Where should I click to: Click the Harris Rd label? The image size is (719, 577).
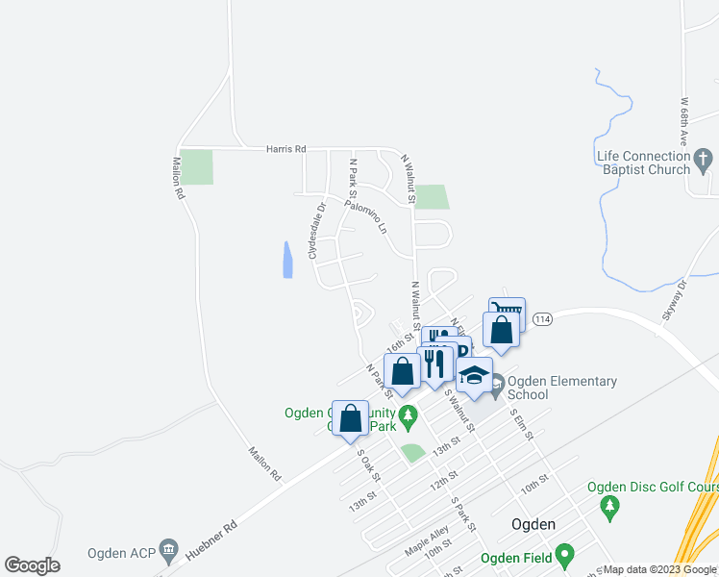click(286, 149)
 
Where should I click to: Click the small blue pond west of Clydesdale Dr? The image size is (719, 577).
click(287, 260)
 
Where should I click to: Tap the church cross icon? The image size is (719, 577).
click(703, 158)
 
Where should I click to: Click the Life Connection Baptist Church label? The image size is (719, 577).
click(643, 163)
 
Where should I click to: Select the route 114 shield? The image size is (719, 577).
click(542, 319)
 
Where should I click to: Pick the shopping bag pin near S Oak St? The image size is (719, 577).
click(351, 418)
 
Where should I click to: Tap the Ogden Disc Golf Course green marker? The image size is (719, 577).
click(607, 504)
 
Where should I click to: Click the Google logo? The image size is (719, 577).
click(33, 565)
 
